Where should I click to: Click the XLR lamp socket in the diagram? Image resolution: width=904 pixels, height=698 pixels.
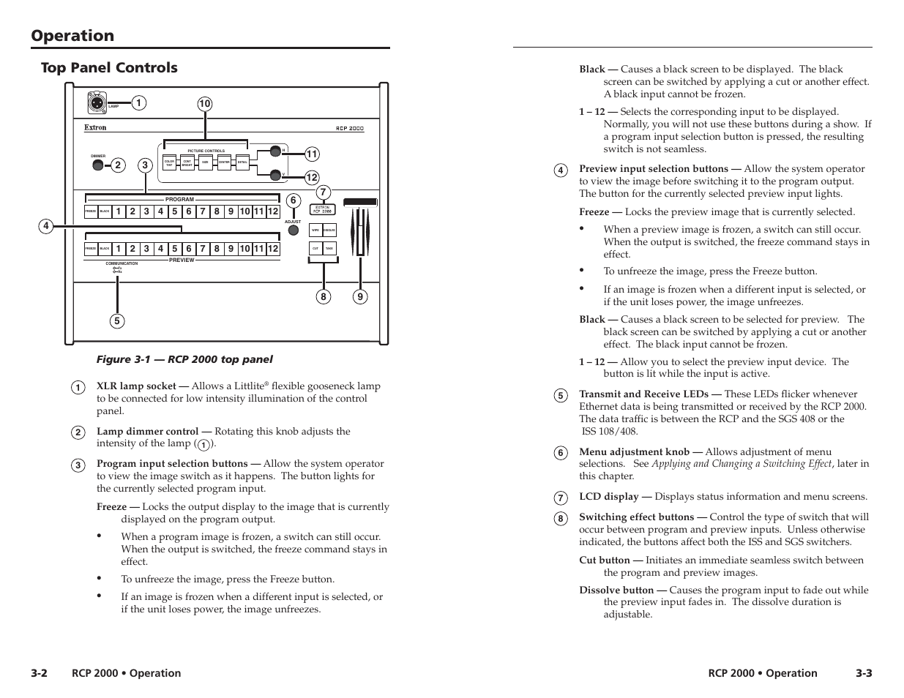(x=96, y=102)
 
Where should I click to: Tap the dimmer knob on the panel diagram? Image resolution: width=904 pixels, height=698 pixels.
(x=98, y=165)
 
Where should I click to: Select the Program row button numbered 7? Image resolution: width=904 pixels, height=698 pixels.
(x=203, y=212)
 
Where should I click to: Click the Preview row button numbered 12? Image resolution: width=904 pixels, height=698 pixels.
(x=272, y=249)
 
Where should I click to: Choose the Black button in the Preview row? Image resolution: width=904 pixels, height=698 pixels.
(x=105, y=249)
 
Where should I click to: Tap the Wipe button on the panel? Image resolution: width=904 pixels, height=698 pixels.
(x=315, y=230)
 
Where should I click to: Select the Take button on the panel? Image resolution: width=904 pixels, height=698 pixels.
(x=329, y=249)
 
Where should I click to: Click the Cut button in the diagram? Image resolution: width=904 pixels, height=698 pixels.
(x=315, y=249)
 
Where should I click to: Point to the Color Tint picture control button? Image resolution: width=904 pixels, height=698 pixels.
(x=169, y=162)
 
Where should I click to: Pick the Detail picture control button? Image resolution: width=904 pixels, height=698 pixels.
(x=243, y=162)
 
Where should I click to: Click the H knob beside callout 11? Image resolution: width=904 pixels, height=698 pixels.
(x=275, y=151)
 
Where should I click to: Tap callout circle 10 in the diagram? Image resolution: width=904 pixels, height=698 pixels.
(x=204, y=104)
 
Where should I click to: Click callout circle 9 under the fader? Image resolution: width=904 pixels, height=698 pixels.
(x=360, y=296)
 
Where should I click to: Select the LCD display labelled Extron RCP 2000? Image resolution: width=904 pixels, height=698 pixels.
(x=324, y=209)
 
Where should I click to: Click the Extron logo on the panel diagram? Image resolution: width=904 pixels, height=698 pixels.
(x=95, y=127)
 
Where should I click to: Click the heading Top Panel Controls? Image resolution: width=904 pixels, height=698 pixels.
(x=109, y=67)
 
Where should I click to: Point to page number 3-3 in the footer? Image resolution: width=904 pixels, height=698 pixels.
(x=862, y=673)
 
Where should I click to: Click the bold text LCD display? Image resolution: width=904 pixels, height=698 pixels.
(x=608, y=497)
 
